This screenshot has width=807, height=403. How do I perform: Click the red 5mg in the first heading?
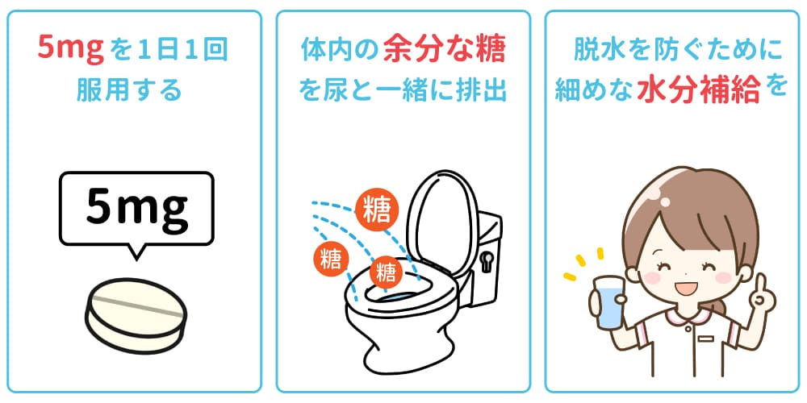coord(73,51)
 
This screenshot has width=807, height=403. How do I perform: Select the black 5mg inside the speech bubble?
coord(136,209)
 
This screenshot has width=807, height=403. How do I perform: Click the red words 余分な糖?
coord(444,51)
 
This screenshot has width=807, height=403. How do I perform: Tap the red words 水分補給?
coord(699,90)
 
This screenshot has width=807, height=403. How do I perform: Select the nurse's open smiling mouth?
coord(684,287)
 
